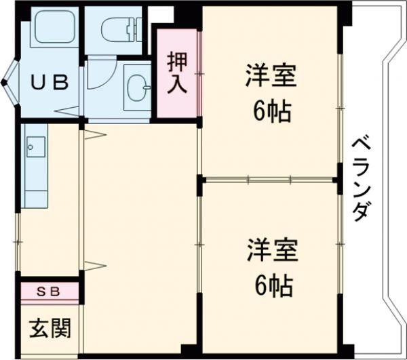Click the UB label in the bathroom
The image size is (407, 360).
[51, 83]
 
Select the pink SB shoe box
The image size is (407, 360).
[50, 292]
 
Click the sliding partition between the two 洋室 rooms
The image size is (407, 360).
[270, 180]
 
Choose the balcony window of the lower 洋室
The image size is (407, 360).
[341, 258]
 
